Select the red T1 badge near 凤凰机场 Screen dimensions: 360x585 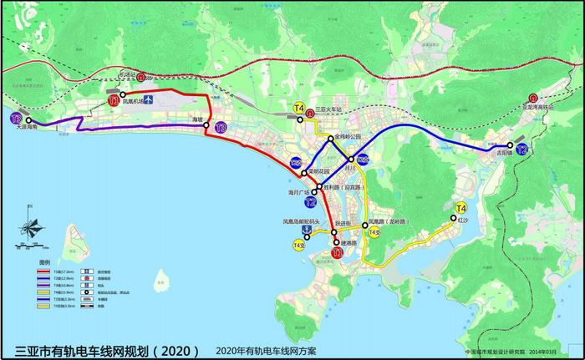[x=114, y=101]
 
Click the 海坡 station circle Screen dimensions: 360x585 [x=209, y=121]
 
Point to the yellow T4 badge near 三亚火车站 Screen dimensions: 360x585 [x=299, y=108]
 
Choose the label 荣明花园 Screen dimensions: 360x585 [x=322, y=172]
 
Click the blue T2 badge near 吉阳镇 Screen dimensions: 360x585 [x=522, y=150]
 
